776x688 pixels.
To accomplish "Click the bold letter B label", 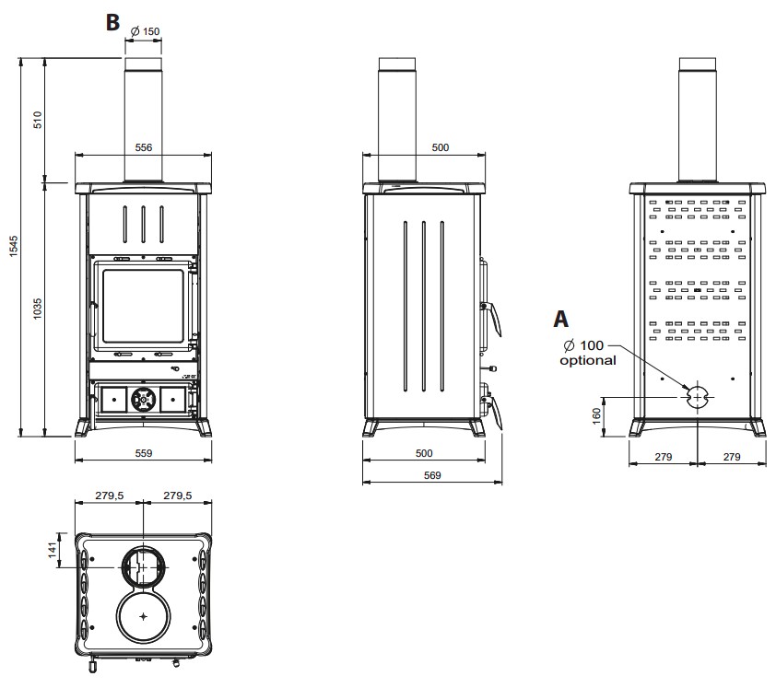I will (x=112, y=22).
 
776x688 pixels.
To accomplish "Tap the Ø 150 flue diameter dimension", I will (x=146, y=31).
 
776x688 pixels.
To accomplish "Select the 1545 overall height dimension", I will (x=13, y=247).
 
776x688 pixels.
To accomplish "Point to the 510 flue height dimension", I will (x=38, y=120).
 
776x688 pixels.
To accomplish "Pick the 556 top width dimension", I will (x=143, y=147).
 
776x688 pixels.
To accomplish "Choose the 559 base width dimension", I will (x=143, y=452).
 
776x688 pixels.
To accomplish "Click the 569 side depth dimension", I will (x=431, y=475).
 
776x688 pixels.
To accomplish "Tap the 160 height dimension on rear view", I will (x=595, y=414).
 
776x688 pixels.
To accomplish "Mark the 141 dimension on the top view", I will (x=53, y=550).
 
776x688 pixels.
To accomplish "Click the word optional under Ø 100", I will (x=588, y=360).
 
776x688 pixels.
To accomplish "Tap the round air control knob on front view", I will (x=143, y=399).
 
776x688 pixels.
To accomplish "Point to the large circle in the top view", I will (x=144, y=615).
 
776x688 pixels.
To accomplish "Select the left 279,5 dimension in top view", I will (x=110, y=496).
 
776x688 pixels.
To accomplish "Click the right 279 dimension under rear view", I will (x=731, y=456).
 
